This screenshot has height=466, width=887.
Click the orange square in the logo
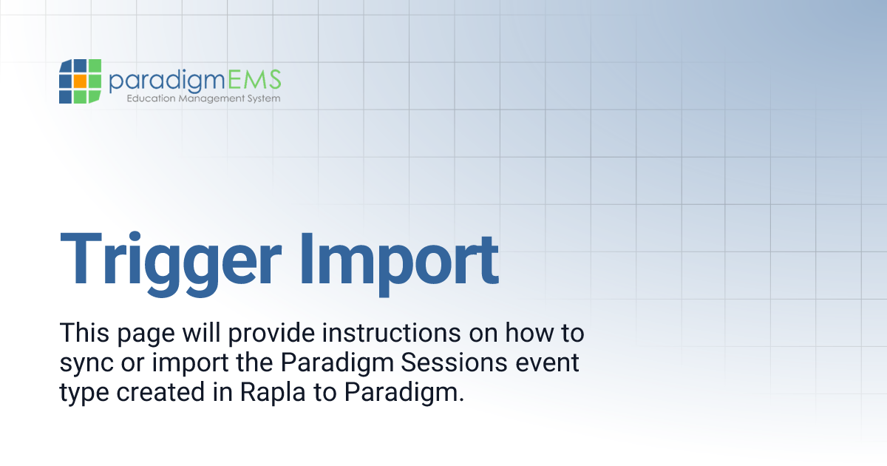pos(80,81)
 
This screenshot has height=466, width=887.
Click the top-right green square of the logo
pos(94,67)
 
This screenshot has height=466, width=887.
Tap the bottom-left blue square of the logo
pos(66,96)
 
